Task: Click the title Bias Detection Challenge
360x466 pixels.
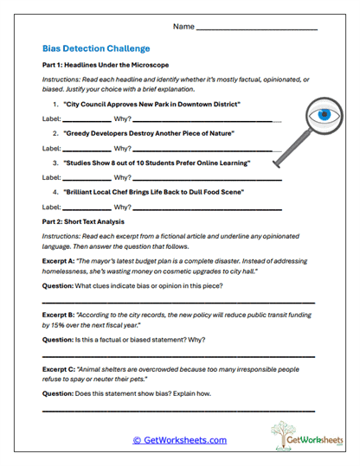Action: click(96, 49)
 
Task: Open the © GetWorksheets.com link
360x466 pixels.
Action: click(179, 440)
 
